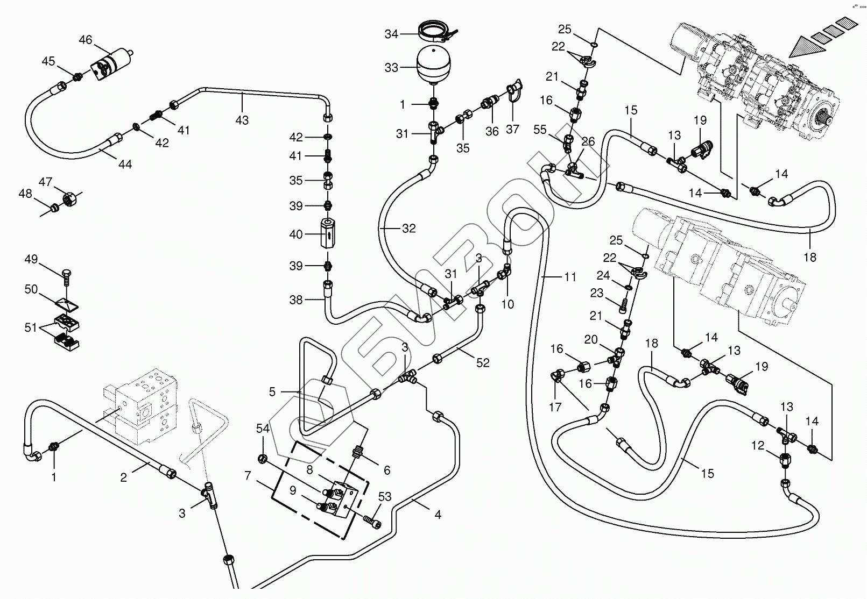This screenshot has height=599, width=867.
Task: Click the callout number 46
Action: (86, 40)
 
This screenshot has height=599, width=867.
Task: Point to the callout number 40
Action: (296, 234)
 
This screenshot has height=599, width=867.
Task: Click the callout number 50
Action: (31, 289)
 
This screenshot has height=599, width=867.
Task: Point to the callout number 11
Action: (570, 277)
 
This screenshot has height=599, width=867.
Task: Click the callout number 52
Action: (483, 363)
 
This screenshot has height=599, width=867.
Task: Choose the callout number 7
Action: (248, 476)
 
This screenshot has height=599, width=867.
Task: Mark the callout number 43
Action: (242, 120)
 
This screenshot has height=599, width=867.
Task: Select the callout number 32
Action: (409, 229)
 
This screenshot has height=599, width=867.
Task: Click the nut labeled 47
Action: (69, 199)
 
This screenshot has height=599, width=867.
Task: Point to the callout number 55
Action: (540, 130)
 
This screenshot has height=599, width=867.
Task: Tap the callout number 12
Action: (757, 445)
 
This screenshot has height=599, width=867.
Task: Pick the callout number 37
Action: (513, 129)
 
